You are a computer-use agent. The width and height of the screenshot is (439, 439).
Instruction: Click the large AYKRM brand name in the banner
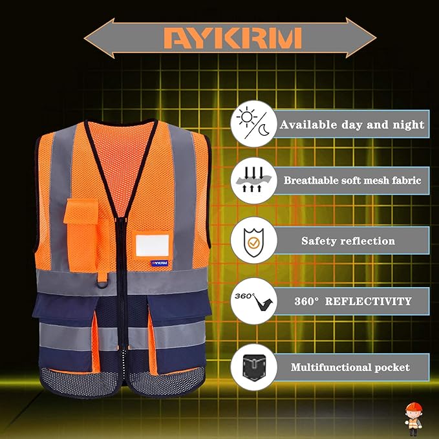pyautogui.click(x=232, y=38)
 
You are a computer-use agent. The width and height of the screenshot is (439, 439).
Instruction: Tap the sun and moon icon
pyautogui.click(x=254, y=125)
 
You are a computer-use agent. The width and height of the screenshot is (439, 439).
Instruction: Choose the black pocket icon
pyautogui.click(x=254, y=367)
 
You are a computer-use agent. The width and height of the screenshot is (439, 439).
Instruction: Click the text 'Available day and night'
pyautogui.click(x=352, y=125)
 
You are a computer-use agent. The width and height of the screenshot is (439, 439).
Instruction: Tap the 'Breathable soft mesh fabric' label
pyautogui.click(x=352, y=181)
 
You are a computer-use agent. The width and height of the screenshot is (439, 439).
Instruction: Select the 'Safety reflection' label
pyautogui.click(x=348, y=241)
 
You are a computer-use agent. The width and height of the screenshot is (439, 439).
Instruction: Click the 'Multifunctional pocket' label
pyautogui.click(x=350, y=367)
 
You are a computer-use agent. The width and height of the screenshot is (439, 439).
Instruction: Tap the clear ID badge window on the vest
pyautogui.click(x=153, y=245)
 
